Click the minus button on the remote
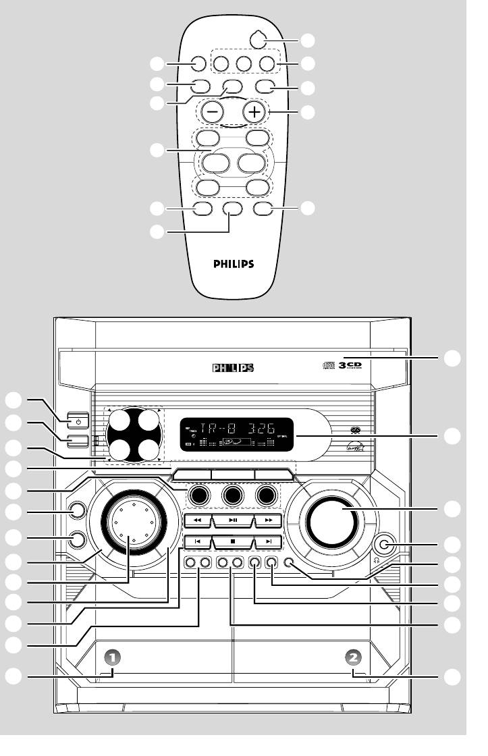tap(209, 112)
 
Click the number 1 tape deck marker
tap(114, 656)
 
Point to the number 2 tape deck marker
tap(352, 656)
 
